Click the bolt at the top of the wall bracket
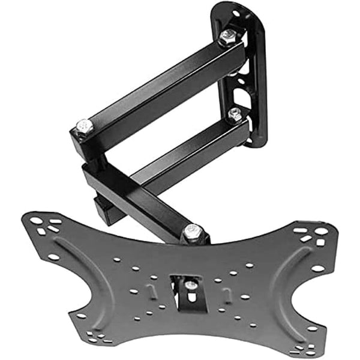(228, 37)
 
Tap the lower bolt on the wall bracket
(235, 113)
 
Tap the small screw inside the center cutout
(190, 284)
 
